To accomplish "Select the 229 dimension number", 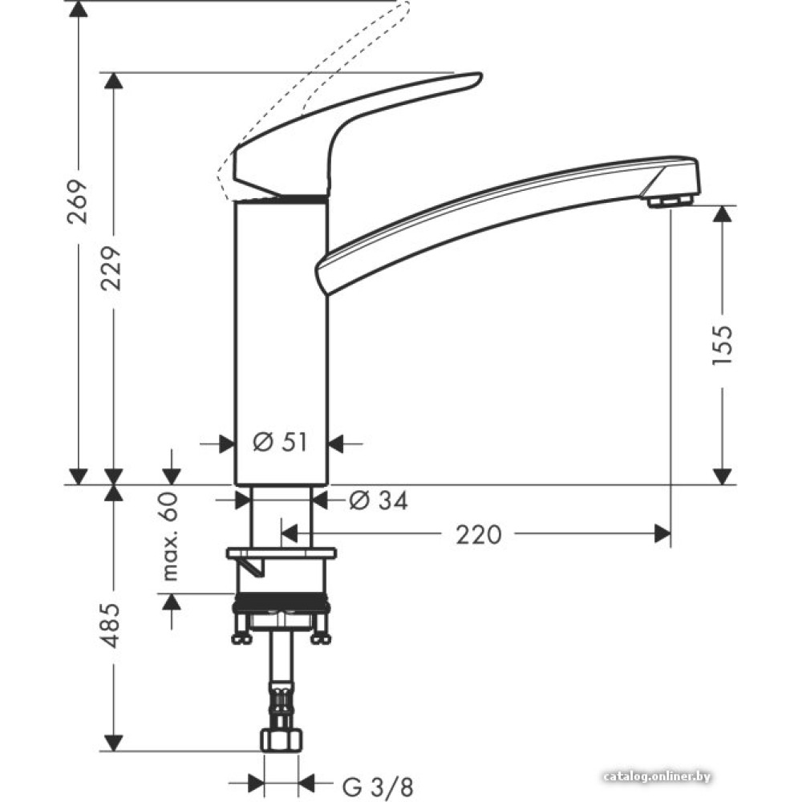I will pyautogui.click(x=113, y=267).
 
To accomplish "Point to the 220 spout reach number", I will pyautogui.click(x=478, y=533).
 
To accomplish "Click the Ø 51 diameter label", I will pyautogui.click(x=280, y=442).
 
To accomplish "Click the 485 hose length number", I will pyautogui.click(x=113, y=626).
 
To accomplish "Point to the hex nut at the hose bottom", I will pyautogui.click(x=281, y=739).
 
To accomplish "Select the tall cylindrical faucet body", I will pyautogui.click(x=281, y=345).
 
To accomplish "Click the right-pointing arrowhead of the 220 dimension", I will pyautogui.click(x=662, y=533).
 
